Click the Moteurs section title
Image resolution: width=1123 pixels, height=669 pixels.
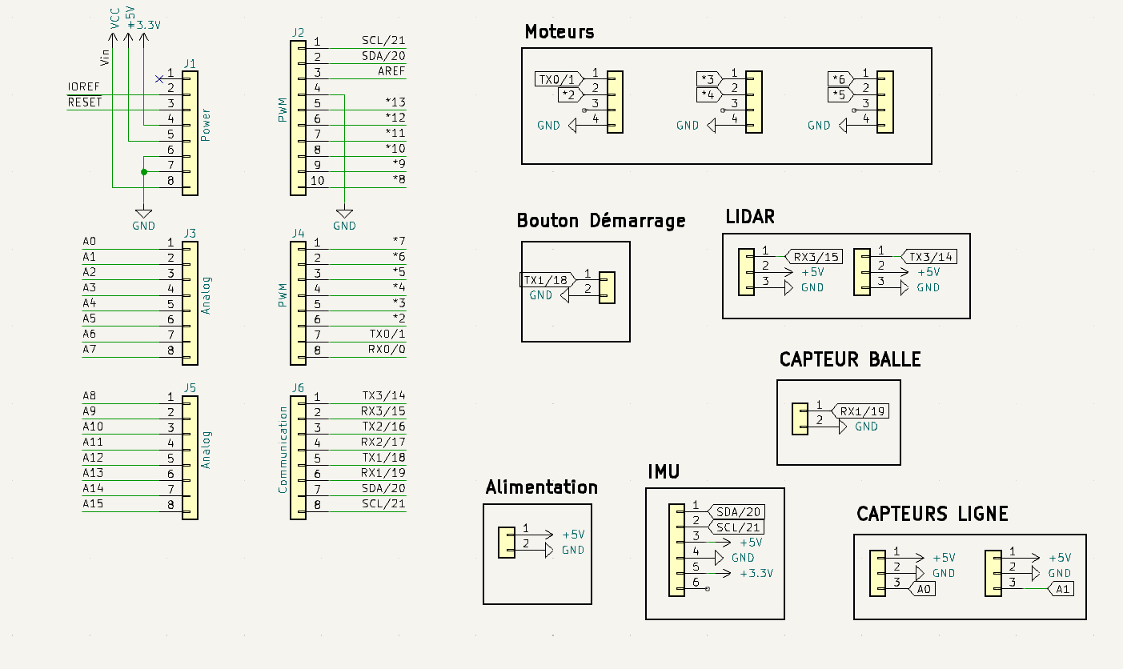559,32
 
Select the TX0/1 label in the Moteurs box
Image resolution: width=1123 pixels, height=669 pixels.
557,79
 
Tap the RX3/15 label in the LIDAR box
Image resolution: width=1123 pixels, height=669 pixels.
816,257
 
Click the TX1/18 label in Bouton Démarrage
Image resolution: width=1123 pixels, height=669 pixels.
547,280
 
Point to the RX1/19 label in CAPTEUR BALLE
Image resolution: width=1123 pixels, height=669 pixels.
861,411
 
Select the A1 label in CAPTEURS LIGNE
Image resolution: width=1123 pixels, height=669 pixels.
1062,589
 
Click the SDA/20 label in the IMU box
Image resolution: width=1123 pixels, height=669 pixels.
739,512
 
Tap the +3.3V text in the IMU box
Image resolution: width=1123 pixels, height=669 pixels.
756,573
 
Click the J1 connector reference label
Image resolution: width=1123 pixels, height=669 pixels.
190,63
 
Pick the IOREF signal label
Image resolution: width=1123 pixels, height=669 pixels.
83,86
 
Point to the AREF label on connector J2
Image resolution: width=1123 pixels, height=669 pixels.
391,71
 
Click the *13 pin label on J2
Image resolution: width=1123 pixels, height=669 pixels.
395,102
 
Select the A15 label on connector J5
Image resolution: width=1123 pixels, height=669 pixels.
93,504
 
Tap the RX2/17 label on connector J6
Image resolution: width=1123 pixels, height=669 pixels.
383,442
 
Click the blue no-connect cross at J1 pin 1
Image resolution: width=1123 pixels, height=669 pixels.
159,78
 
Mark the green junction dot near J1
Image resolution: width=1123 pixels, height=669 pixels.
143,172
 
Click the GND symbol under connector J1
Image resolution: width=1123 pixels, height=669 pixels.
143,214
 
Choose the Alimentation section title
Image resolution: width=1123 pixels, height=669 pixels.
541,487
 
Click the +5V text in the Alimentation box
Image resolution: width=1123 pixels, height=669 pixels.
573,535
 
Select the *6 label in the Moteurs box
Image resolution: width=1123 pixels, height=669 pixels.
838,79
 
